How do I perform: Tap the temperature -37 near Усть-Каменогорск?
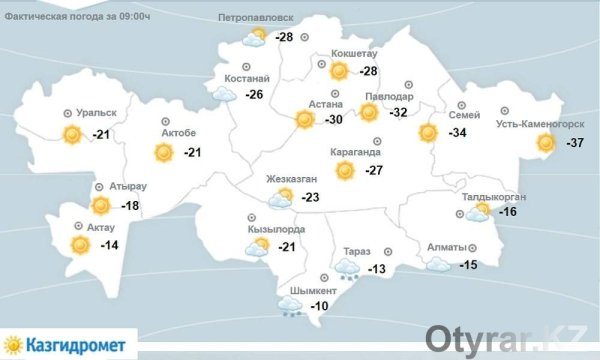(x=575, y=144)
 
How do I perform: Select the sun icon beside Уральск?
(x=72, y=136)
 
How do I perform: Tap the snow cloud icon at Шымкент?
(x=292, y=307)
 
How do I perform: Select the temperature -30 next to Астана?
(x=336, y=120)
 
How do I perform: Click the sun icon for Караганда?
(x=345, y=171)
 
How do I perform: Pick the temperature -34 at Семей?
(x=459, y=133)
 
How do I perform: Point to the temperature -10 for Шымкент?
(x=320, y=306)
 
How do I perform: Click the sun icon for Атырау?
(x=100, y=207)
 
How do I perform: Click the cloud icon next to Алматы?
(x=437, y=264)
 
